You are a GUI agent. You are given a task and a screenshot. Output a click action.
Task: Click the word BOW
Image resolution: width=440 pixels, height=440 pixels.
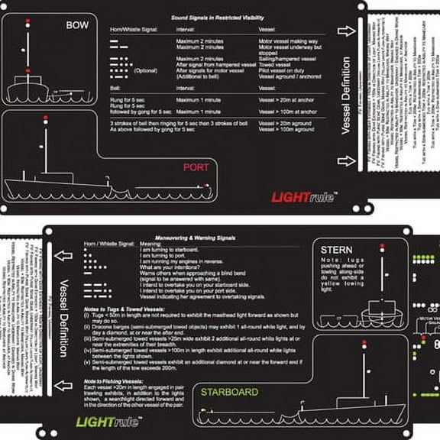pos(77,25)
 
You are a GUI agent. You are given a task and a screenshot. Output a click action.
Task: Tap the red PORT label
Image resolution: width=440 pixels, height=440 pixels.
pos(196,167)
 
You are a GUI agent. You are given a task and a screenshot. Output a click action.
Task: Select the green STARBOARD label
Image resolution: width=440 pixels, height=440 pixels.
pos(228,392)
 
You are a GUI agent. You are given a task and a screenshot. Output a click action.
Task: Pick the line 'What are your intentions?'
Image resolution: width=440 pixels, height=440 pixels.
pos(175,267)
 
